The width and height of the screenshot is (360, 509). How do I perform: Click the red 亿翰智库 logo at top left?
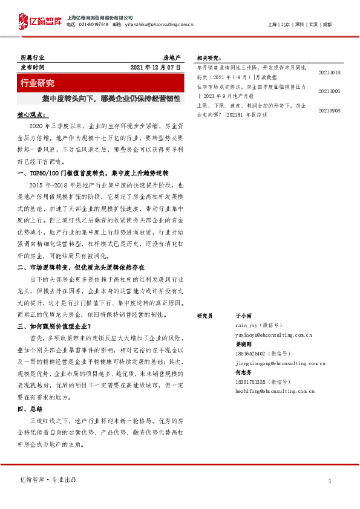39,21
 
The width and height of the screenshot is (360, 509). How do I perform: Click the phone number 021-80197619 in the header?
93,24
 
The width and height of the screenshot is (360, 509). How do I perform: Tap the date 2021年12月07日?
155,68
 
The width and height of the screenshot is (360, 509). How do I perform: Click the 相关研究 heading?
208,58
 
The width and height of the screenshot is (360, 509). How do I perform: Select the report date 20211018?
329,73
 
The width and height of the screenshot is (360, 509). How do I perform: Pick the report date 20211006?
329,91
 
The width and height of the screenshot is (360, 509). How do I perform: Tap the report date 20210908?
329,111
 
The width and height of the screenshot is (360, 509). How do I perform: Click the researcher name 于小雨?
243,316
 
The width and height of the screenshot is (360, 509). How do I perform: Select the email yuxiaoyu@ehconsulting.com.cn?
273,334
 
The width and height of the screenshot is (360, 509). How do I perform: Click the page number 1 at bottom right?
330,481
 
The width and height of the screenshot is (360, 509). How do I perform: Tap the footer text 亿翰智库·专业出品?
48,480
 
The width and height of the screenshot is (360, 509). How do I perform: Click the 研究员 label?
206,316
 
